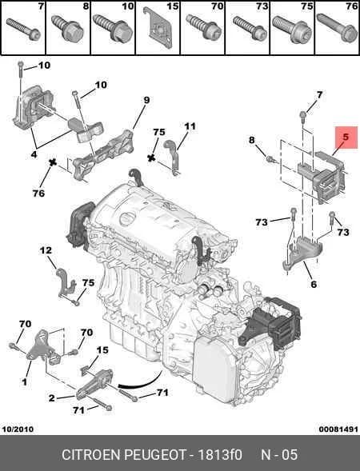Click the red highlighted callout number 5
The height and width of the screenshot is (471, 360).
click(346, 138)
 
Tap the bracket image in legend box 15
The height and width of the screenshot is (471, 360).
click(158, 28)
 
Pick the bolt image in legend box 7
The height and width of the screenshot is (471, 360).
click(23, 29)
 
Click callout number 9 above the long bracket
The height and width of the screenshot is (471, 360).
click(146, 100)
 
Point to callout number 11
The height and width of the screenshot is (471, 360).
click(190, 126)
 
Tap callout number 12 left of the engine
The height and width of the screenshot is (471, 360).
click(46, 250)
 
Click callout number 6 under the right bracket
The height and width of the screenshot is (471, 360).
click(314, 284)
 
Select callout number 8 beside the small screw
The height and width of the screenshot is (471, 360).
click(251, 140)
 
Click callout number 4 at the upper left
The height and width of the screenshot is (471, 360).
click(34, 154)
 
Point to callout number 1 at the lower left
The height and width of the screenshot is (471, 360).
click(24, 382)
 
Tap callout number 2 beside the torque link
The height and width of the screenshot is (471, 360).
click(52, 398)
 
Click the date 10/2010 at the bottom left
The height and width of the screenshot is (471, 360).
click(18, 429)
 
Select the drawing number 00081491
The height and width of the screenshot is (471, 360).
click(338, 429)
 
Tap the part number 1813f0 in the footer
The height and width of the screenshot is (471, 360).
click(220, 454)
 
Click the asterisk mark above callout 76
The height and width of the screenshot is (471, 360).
click(53, 163)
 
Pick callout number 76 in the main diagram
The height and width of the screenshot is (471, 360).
click(38, 194)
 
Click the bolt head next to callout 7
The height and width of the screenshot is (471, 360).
click(302, 114)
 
